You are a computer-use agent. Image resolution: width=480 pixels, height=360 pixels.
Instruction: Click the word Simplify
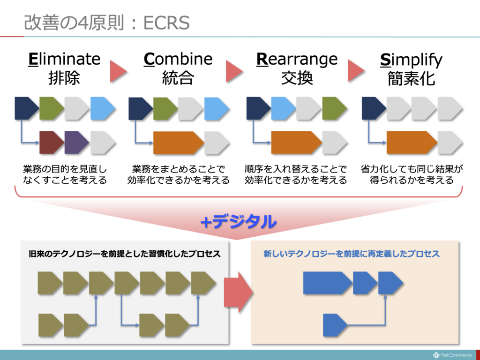tap(411, 60)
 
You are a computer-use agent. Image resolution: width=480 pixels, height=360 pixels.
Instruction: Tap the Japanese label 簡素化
tap(411, 78)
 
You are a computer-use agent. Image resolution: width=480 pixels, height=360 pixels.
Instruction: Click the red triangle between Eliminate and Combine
tap(118, 70)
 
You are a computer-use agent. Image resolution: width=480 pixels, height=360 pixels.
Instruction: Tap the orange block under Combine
tap(177, 142)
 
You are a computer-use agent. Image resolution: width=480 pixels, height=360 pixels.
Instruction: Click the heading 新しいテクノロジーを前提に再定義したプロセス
tap(351, 254)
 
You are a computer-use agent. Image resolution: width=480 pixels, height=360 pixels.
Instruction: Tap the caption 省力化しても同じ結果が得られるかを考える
tap(412, 174)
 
